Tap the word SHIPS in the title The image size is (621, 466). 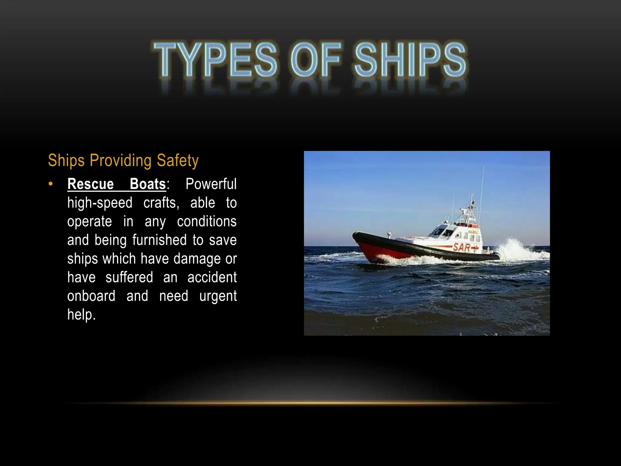pos(410,59)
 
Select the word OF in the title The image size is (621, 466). pos(315,59)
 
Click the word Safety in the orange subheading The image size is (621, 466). pos(178,160)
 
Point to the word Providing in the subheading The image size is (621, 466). pos(120,160)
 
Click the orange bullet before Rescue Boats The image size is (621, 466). pos(51,184)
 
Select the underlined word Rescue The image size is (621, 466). pos(90,184)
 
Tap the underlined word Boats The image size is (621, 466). pos(148,184)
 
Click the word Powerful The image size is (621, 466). pos(211,184)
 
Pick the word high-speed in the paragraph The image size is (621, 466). pos(100,203)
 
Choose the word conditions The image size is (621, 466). pos(206,221)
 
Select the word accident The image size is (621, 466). pos(212,277)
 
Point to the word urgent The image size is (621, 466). pos(218,296)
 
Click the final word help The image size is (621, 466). pos(81,315)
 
